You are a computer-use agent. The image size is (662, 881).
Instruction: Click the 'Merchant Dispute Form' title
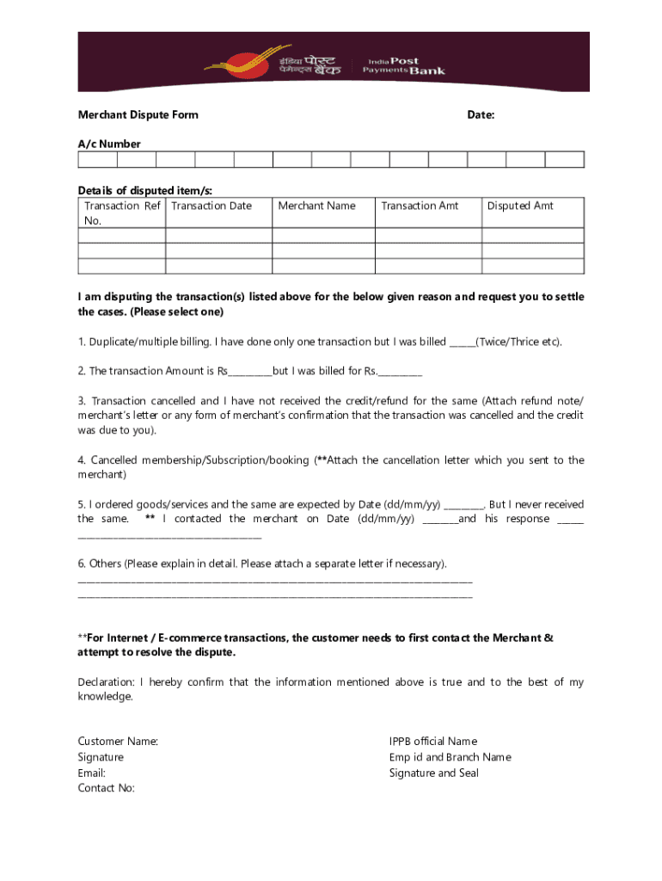point(138,114)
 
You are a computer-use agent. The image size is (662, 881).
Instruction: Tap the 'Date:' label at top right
point(480,114)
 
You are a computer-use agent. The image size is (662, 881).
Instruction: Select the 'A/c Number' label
point(109,144)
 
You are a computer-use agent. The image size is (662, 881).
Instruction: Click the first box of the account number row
point(97,159)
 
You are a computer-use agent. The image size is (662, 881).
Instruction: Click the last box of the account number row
point(564,159)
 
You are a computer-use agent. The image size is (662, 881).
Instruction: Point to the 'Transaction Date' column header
point(211,206)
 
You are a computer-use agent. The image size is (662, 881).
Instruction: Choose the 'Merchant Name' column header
point(316,206)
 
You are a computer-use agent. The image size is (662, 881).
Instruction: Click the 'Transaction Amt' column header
point(420,206)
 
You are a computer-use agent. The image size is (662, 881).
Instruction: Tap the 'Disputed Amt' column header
point(520,206)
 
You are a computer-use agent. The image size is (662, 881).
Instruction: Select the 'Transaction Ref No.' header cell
point(121,213)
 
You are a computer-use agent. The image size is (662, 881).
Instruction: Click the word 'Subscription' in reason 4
point(226,460)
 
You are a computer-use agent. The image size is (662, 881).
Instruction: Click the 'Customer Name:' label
point(118,741)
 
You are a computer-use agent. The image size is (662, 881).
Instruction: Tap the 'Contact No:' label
point(106,787)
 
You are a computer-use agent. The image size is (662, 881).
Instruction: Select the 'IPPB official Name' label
point(432,741)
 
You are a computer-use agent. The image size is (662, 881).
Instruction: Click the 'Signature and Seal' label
point(433,773)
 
